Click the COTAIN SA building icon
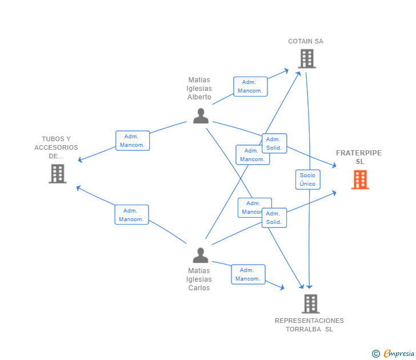point(306,58)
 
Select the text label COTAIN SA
point(305,41)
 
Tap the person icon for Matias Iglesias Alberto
point(201,115)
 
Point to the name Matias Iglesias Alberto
point(199,89)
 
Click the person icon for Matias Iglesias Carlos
point(200,255)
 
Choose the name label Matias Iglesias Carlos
point(199,279)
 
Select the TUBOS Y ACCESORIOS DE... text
point(56,147)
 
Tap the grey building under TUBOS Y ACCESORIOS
point(57,174)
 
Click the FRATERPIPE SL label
point(359,157)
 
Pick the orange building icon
point(360,179)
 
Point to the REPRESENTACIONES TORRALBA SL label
point(309,325)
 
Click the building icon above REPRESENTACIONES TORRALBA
point(310,303)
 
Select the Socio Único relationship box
point(307,179)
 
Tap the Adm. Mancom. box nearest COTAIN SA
point(250,86)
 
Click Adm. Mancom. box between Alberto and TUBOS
point(133,141)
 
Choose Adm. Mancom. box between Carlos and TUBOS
point(131,214)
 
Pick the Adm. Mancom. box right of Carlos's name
point(248,274)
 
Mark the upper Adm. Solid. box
point(274,143)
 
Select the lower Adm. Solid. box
point(274,218)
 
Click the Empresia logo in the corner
point(394,353)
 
